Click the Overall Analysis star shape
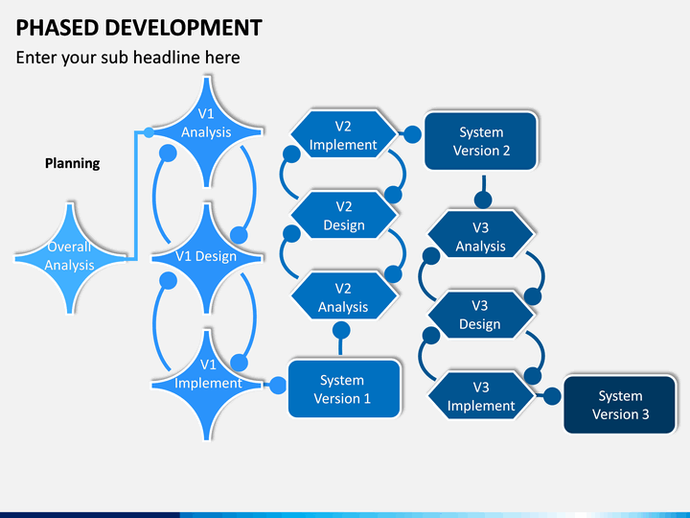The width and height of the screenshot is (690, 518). click(70, 256)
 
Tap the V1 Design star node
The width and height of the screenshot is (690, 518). click(206, 255)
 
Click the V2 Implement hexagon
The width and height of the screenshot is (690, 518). click(343, 135)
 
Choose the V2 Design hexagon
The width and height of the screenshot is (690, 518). click(343, 216)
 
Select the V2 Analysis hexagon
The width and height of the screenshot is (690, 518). click(343, 297)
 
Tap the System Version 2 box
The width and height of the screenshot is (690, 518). click(480, 141)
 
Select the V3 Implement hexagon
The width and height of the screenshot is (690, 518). click(480, 395)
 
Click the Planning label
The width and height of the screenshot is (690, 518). click(72, 163)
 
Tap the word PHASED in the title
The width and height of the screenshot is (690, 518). click(56, 27)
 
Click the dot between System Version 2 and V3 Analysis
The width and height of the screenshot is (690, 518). click(484, 200)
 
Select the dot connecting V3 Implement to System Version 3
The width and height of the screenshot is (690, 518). click(551, 394)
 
